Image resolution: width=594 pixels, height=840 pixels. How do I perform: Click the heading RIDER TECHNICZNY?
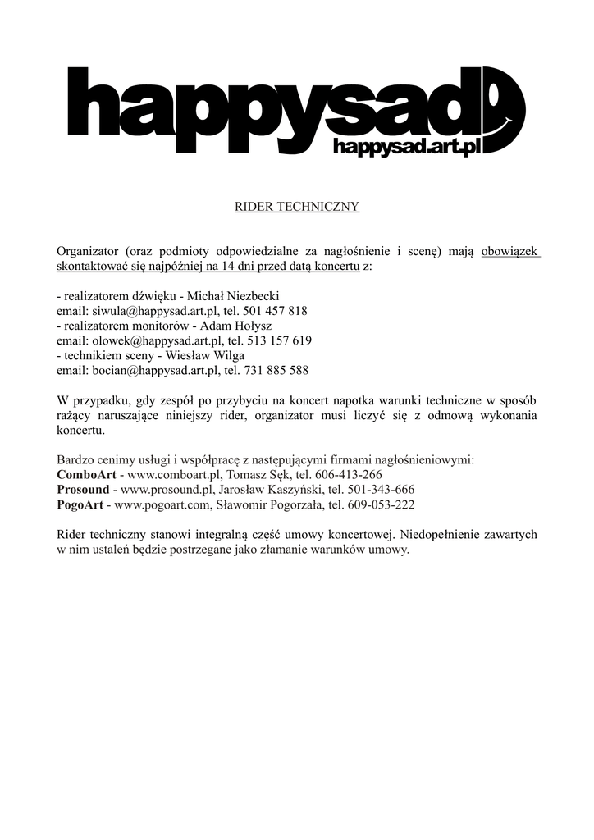click(x=297, y=207)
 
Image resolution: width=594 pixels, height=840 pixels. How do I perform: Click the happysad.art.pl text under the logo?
click(x=405, y=147)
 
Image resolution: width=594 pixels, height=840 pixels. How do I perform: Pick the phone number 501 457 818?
click(x=275, y=311)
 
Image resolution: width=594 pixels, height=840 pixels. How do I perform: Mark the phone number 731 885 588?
click(x=275, y=370)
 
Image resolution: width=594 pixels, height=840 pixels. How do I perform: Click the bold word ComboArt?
click(x=86, y=474)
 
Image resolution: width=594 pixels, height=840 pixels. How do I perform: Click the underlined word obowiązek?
click(x=509, y=252)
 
